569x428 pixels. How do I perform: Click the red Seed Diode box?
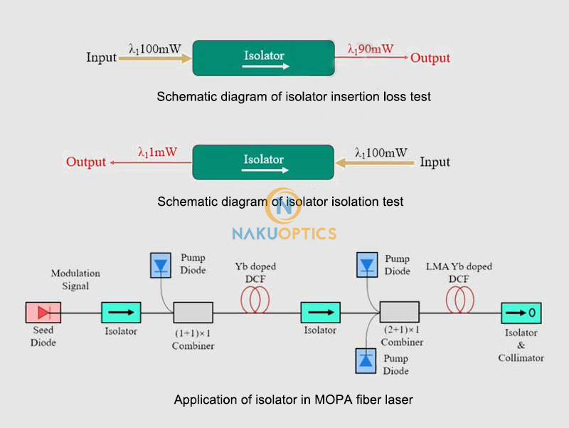[x=43, y=312]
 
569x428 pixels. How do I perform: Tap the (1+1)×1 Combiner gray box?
[x=193, y=312]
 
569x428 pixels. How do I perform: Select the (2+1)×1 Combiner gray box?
[x=400, y=312]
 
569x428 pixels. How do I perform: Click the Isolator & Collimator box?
[x=521, y=312]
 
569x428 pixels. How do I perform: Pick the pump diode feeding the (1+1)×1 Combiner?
[x=160, y=266]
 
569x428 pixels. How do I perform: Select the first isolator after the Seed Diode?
[x=122, y=312]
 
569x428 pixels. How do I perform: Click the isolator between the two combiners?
[x=321, y=312]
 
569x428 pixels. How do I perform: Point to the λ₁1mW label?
[x=158, y=152]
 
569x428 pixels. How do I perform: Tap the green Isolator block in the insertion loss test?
[x=264, y=58]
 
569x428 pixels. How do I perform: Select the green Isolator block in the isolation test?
[x=263, y=162]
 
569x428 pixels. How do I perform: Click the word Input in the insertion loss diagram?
[x=101, y=58]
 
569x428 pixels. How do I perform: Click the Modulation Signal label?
[x=75, y=279]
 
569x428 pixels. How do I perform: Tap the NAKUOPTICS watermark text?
[x=284, y=233]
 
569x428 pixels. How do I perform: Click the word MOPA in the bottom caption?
[x=344, y=400]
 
